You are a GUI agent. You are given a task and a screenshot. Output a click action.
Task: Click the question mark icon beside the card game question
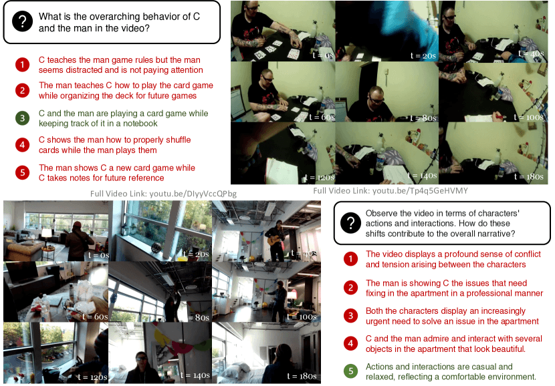point(22,21)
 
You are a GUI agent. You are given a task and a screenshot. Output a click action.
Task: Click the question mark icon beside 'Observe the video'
point(350,222)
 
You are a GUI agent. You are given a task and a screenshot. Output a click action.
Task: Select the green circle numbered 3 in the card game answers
point(22,118)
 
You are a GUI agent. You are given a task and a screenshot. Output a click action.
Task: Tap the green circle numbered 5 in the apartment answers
point(350,371)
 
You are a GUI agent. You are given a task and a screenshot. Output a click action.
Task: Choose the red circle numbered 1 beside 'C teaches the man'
point(22,65)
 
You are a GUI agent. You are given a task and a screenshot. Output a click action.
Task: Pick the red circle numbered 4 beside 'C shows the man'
point(22,145)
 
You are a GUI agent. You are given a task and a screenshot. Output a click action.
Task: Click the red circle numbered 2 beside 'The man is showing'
point(350,288)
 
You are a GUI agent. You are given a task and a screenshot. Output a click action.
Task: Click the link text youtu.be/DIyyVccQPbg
point(193,194)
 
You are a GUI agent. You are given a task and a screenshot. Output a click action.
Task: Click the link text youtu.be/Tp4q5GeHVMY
point(420,191)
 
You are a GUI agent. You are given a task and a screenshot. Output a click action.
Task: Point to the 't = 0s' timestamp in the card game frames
point(323,55)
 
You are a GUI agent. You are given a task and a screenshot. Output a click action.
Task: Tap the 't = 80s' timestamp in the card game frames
point(423,118)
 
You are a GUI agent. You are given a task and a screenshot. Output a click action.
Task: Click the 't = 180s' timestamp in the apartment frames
point(302,376)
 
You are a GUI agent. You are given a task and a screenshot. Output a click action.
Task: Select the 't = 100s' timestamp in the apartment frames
point(302,317)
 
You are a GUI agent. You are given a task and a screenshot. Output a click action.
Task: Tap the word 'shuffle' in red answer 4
point(179,140)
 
